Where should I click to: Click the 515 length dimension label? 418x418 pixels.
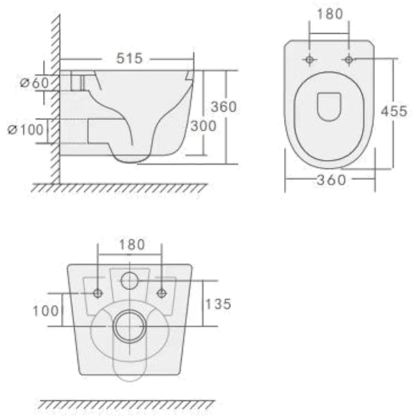coord(130,59)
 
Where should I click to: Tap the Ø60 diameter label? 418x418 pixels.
coord(35,83)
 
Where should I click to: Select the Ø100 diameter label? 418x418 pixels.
coord(26,130)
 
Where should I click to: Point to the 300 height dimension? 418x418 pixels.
coord(203,126)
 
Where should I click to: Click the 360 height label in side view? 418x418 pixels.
coord(224,107)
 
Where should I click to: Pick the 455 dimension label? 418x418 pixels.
coord(394,111)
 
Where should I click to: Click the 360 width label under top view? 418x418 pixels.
coord(332,180)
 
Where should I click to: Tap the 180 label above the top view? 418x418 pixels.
coord(330,14)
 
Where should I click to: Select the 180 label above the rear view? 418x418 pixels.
coord(132,245)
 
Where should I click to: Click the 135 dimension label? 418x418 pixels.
coord(218,304)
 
